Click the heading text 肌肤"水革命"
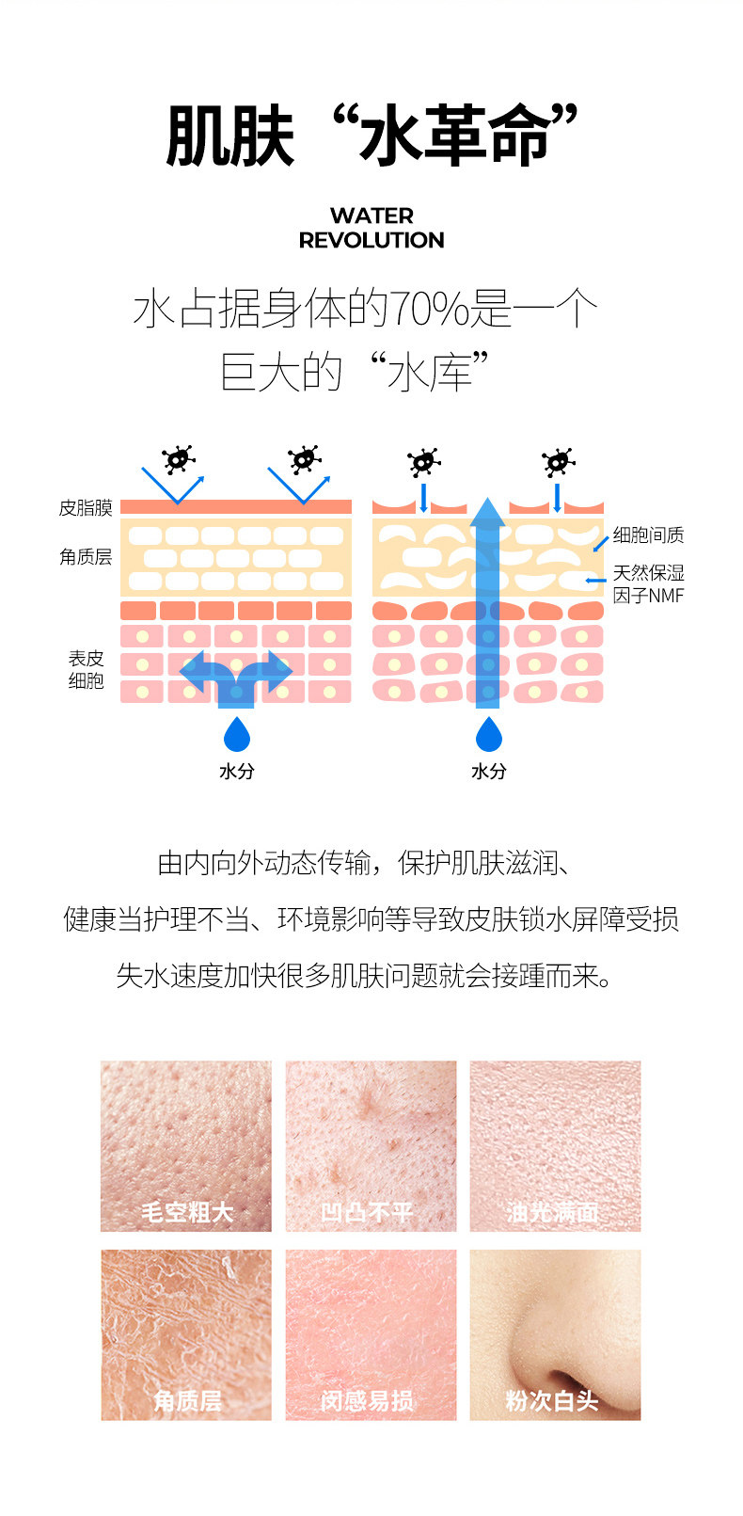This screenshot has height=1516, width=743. (371, 136)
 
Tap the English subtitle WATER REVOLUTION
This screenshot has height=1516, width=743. (371, 228)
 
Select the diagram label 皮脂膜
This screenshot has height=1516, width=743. (86, 508)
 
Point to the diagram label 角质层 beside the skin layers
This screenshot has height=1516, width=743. (86, 557)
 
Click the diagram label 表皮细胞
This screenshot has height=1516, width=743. (86, 669)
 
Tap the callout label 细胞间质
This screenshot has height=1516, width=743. (648, 535)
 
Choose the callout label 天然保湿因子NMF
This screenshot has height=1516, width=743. (648, 583)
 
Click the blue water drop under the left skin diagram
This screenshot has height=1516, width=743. (236, 735)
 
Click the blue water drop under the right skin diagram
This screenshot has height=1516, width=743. (488, 735)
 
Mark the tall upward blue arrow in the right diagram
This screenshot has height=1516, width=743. (487, 602)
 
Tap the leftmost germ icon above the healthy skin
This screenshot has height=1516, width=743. (178, 458)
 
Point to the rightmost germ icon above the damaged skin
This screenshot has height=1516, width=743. (558, 462)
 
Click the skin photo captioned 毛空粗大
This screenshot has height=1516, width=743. (186, 1145)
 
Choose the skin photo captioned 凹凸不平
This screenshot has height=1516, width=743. (371, 1145)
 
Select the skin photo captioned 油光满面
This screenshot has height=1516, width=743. (555, 1145)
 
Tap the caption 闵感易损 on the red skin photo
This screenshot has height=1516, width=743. (367, 1400)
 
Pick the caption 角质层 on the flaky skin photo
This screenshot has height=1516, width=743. (188, 1400)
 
